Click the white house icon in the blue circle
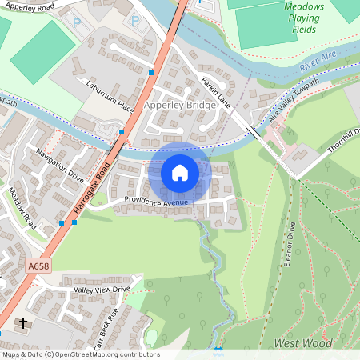pyautogui.click(x=180, y=172)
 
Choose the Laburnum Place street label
pyautogui.click(x=110, y=94)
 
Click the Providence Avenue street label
pyautogui.click(x=156, y=202)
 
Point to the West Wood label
pyautogui.click(x=302, y=343)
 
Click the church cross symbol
pyautogui.click(x=23, y=324)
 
